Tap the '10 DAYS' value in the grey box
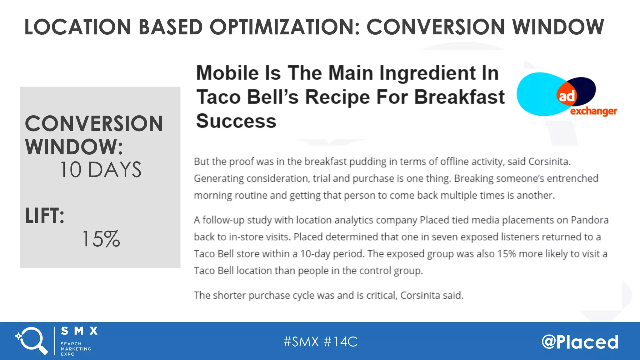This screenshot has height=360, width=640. click(101, 170)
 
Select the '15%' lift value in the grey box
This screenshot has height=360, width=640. click(101, 239)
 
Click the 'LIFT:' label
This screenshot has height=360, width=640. click(45, 216)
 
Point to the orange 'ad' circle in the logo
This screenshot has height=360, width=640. click(566, 96)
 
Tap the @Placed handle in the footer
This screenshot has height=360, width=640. click(580, 342)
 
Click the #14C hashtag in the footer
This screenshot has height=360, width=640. click(341, 342)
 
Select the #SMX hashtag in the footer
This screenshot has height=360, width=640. click(301, 342)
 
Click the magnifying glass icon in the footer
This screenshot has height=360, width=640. click(31, 340)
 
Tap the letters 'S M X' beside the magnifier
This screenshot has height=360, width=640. click(79, 331)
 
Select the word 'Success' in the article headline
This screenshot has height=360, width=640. click(236, 121)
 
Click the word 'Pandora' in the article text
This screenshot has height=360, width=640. click(590, 220)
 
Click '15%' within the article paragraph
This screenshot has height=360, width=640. click(506, 254)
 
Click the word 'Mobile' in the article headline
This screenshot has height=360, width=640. click(227, 73)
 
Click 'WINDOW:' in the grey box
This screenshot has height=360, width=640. click(74, 147)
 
